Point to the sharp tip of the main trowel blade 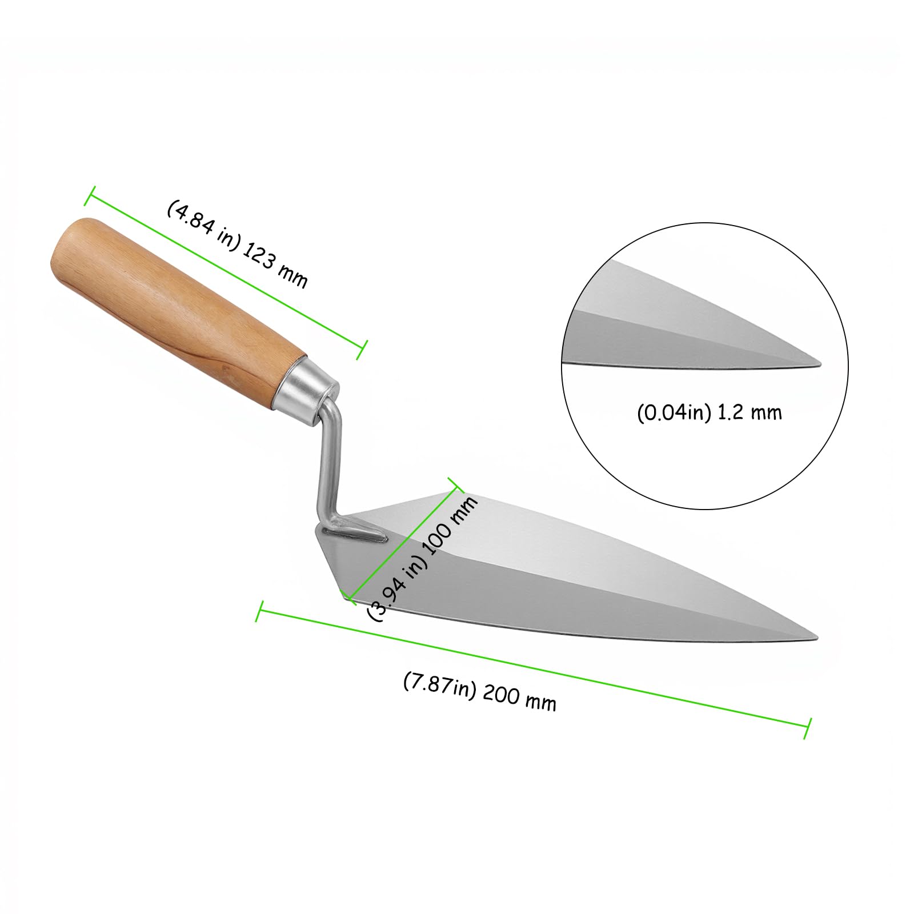819,638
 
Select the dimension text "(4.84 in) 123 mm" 237,244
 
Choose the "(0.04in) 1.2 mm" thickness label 709,412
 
